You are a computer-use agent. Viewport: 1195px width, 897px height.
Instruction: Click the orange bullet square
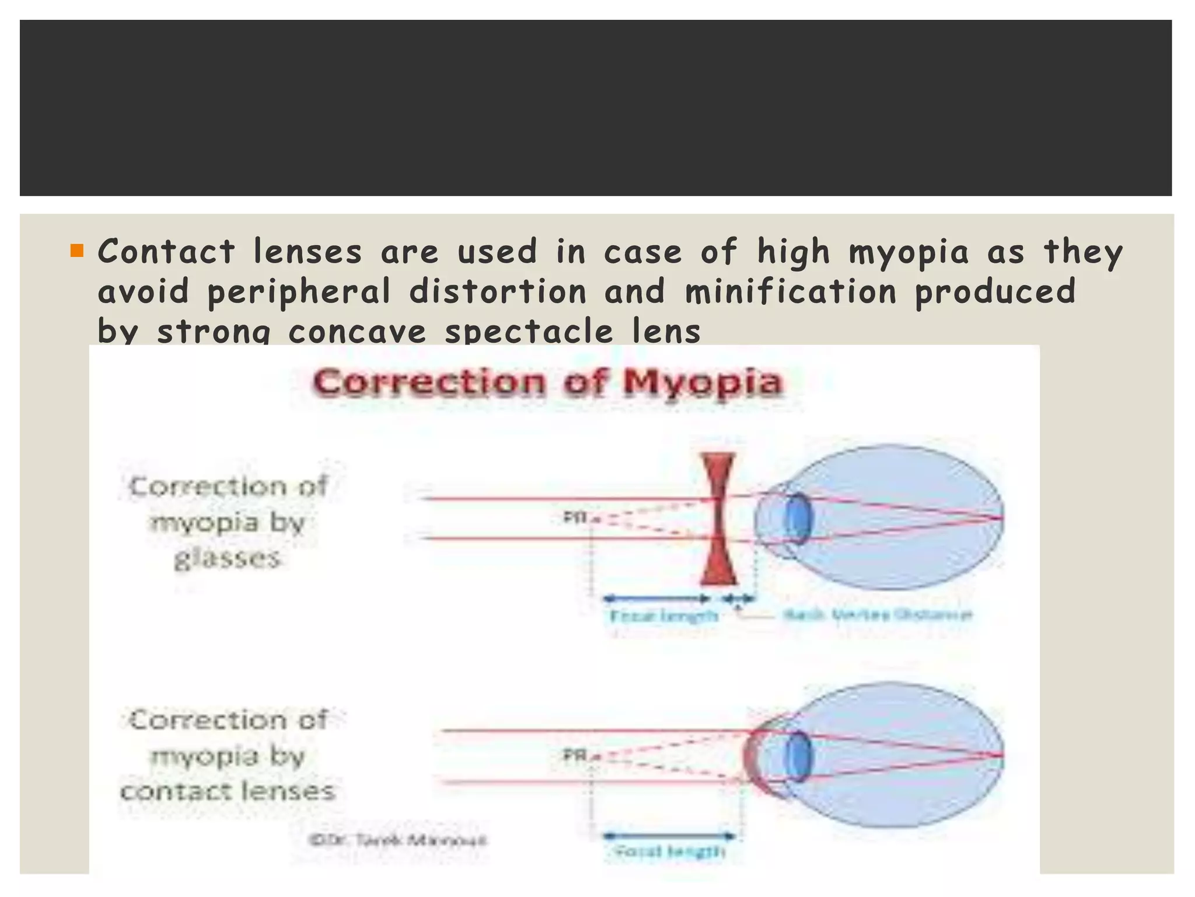77,251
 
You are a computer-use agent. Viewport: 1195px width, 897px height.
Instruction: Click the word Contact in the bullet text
166,252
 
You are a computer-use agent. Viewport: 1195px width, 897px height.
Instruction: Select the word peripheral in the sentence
299,291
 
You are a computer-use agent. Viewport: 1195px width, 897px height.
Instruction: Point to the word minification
791,291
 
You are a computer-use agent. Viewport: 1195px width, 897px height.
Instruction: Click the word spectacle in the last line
529,332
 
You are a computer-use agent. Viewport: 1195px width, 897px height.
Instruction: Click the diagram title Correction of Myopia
547,383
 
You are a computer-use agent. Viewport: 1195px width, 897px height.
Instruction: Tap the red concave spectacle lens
718,519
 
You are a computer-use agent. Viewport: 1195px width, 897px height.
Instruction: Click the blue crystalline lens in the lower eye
798,756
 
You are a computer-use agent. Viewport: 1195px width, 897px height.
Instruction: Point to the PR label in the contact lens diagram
574,756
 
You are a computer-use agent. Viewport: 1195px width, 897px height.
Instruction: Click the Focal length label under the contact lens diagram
670,851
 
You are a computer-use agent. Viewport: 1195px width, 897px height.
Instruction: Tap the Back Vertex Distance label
877,614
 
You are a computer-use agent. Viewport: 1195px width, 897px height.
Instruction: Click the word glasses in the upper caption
228,558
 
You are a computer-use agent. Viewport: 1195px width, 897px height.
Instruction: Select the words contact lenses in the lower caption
228,791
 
